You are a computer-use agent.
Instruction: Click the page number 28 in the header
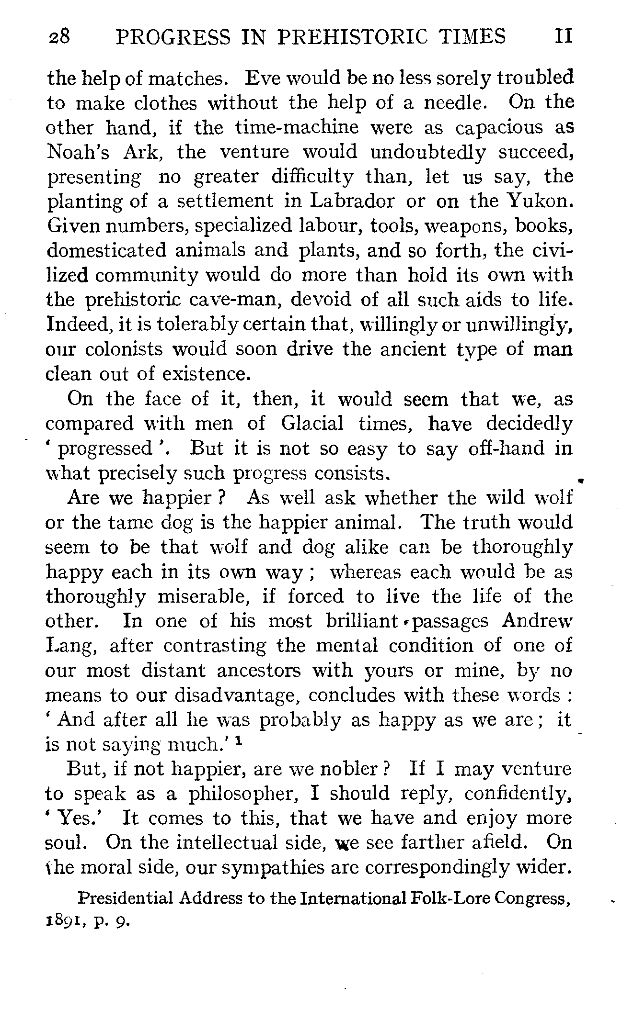[59, 37]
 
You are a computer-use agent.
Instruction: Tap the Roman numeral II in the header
[563, 37]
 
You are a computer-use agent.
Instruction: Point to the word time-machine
[297, 128]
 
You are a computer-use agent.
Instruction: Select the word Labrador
[353, 202]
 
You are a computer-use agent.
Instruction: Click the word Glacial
[312, 424]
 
